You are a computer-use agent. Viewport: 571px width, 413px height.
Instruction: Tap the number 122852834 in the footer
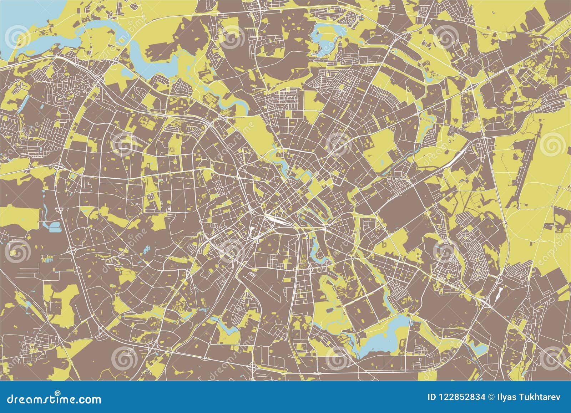462,397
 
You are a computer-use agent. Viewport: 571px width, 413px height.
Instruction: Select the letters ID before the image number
432,397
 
